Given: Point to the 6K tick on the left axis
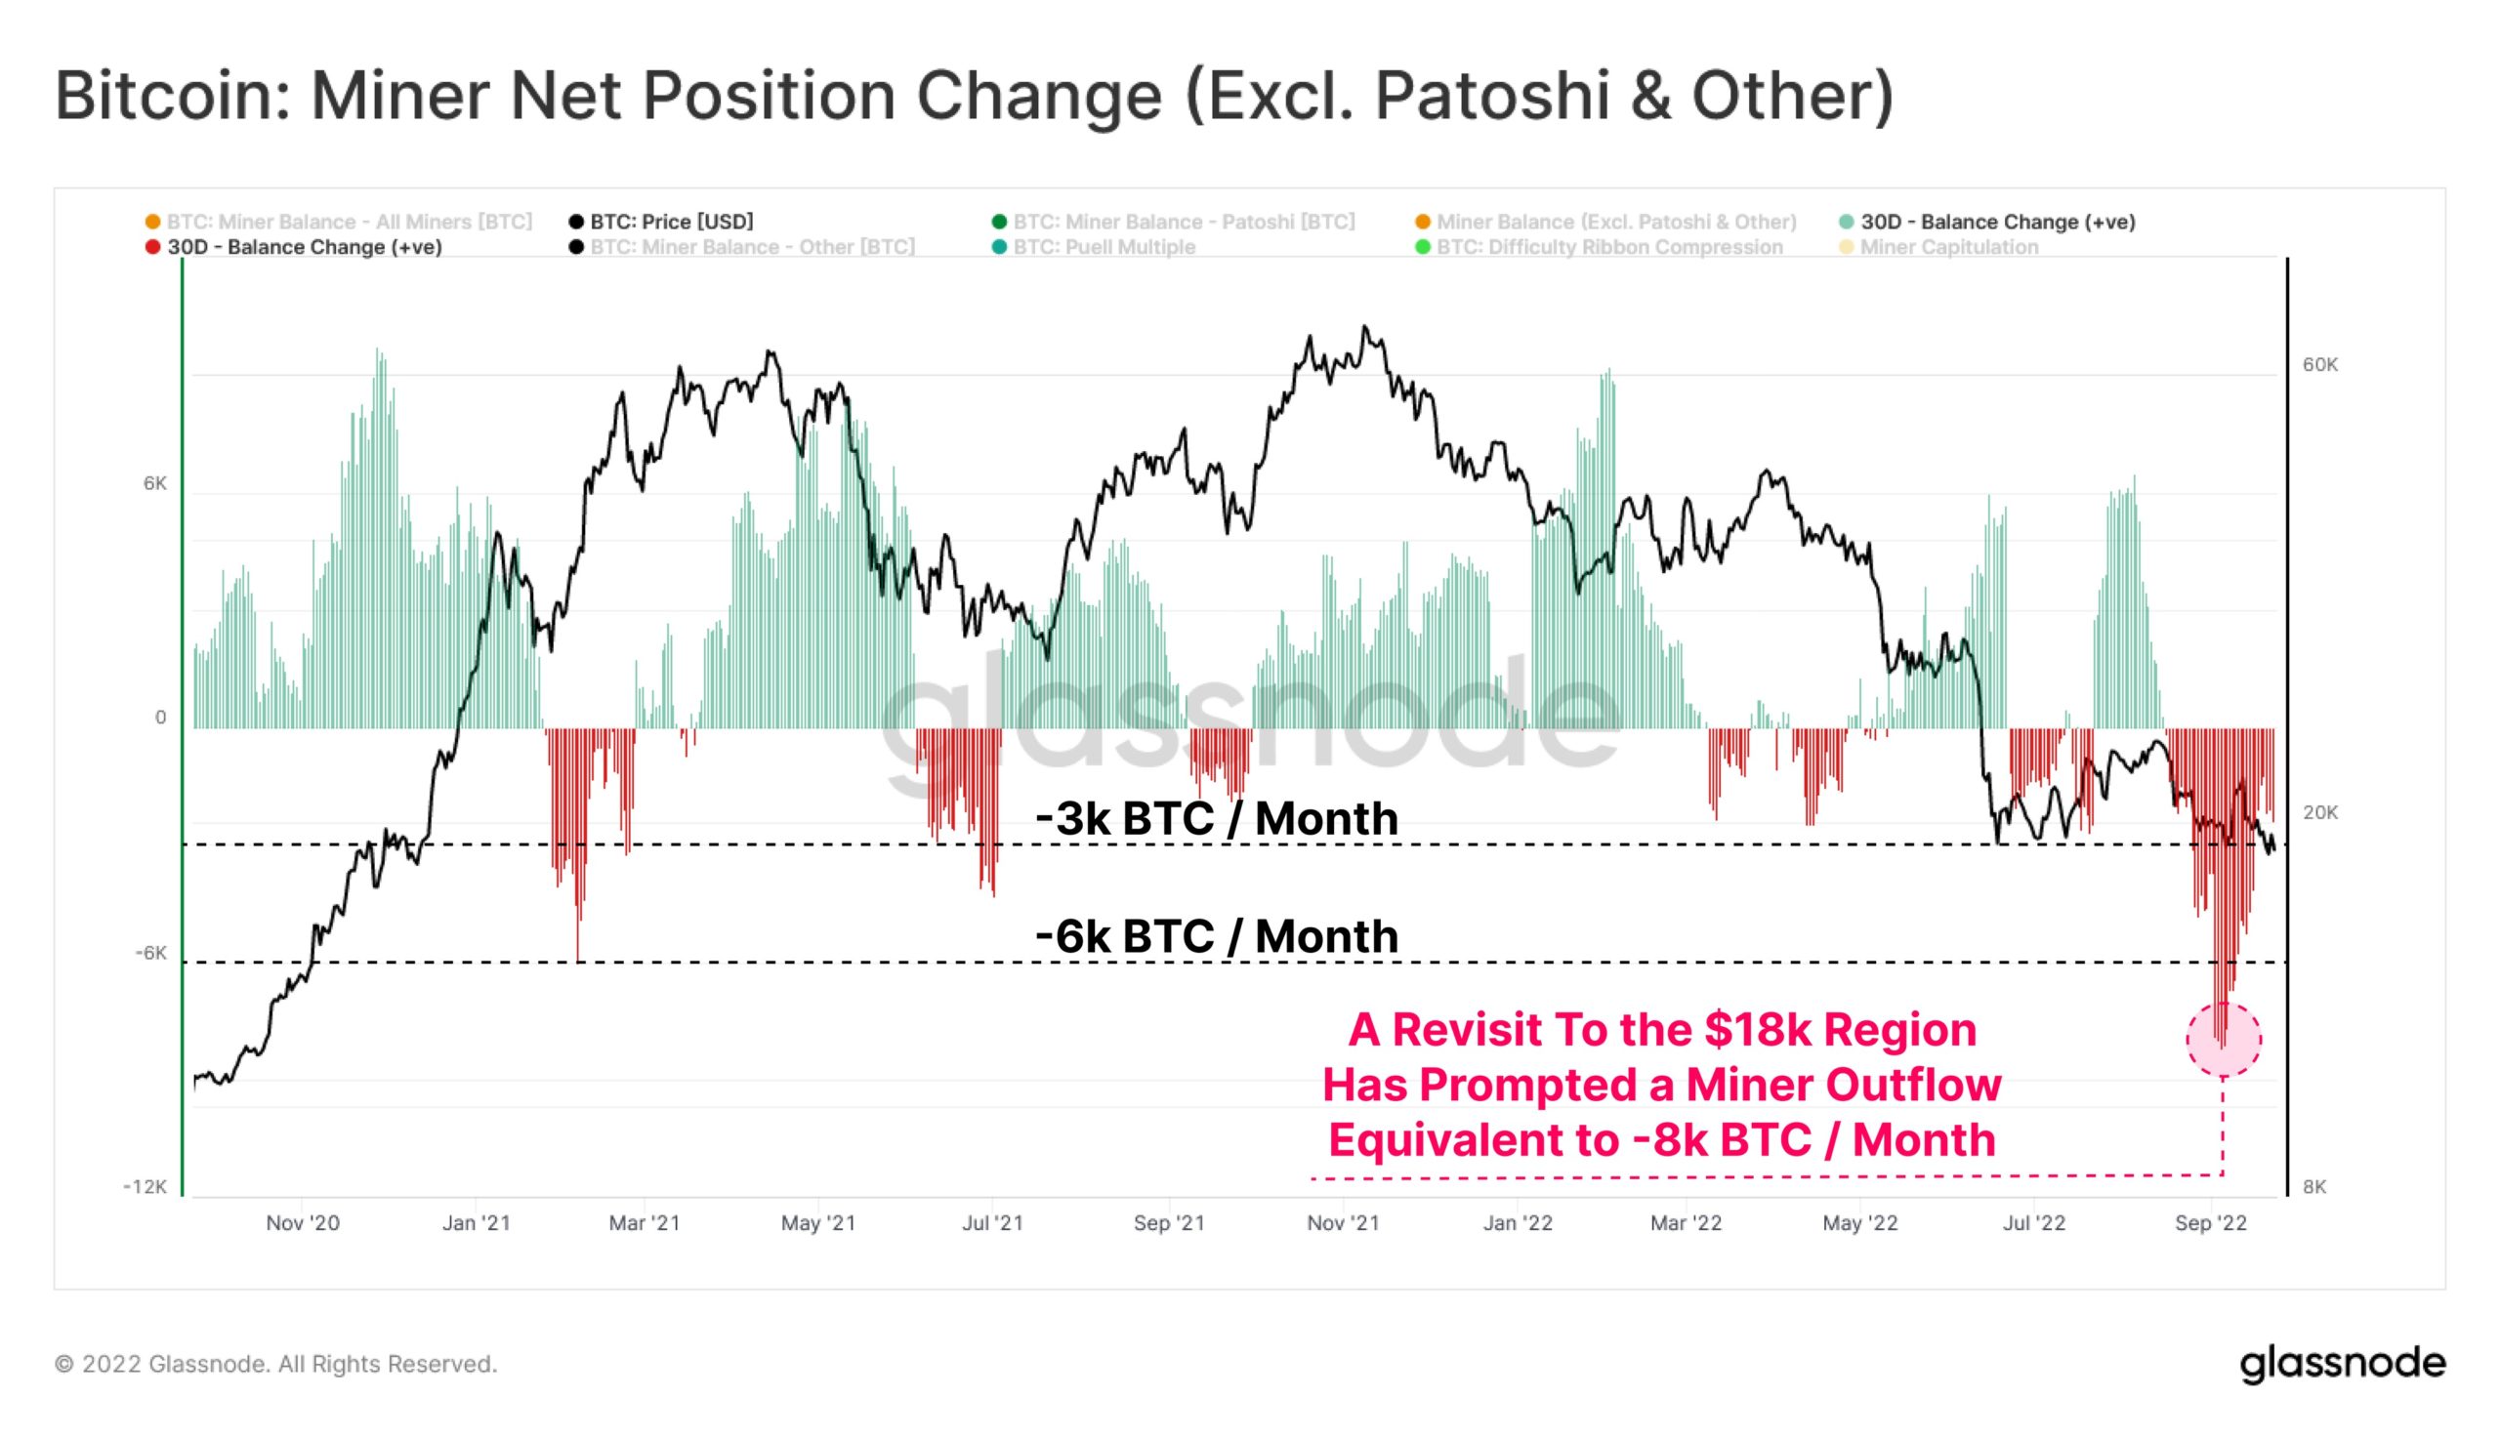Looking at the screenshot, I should coord(155,483).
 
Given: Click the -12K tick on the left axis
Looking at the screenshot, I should coord(146,1186).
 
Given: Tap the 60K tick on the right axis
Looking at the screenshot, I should coord(2320,365).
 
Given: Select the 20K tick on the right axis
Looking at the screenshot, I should coord(2320,812).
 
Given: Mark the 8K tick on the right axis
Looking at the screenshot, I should coord(2315,1187).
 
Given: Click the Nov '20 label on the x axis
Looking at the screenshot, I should coord(303,1223).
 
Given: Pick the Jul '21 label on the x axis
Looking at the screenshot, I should coord(992,1223).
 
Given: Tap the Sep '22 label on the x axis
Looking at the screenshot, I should coord(2210,1223).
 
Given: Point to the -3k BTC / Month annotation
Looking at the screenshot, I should coord(1217,819).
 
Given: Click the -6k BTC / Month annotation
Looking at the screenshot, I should coord(1217,937).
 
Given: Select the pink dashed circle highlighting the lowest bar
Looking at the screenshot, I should coord(2224,1039).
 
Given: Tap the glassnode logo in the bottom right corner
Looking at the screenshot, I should coord(2342,1364).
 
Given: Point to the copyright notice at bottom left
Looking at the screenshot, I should coord(275,1364).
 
